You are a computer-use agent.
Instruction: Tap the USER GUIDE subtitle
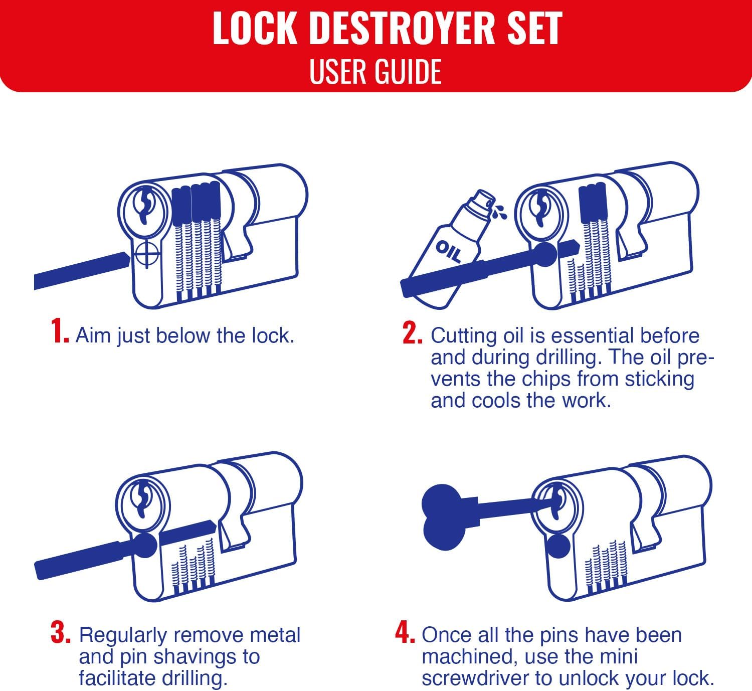[x=375, y=71]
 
